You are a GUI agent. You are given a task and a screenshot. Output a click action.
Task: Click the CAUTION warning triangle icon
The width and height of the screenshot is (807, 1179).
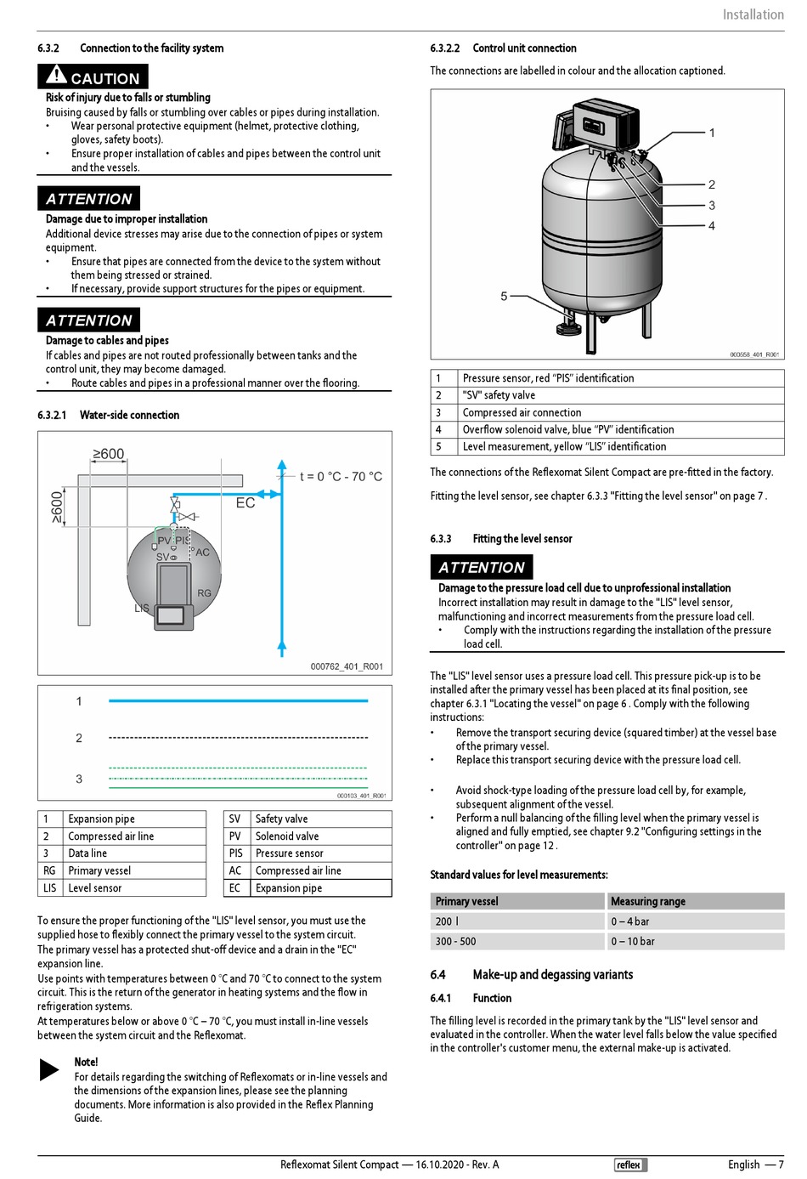tap(56, 76)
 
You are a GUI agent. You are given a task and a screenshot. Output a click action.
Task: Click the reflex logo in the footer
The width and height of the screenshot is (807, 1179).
tap(629, 1165)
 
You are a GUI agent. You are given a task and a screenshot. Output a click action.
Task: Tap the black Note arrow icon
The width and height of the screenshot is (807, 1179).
tap(49, 1069)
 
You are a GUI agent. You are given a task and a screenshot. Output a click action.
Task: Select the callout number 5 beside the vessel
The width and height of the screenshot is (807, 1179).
tap(504, 296)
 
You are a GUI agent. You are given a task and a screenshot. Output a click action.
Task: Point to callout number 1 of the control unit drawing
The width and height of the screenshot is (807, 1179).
tap(712, 133)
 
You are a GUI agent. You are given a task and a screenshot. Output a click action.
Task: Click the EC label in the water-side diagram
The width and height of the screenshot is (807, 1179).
tap(245, 503)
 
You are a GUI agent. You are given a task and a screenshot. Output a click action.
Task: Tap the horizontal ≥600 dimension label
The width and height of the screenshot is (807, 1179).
tap(109, 454)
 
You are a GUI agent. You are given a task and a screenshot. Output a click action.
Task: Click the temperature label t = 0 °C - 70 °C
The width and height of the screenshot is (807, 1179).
tap(341, 477)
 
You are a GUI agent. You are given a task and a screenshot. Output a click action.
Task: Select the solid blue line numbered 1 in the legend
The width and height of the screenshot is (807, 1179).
tap(238, 701)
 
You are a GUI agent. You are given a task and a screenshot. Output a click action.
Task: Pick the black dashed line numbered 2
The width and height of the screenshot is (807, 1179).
tap(238, 738)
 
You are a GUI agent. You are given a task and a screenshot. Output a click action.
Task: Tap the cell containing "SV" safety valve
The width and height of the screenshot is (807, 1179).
tap(499, 395)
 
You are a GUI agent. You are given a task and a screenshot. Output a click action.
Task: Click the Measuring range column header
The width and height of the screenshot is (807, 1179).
tap(647, 901)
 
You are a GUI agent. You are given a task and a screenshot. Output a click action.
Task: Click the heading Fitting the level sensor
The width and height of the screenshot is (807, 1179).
tap(522, 539)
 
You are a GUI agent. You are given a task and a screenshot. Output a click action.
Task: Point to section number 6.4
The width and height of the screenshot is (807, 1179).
tap(437, 975)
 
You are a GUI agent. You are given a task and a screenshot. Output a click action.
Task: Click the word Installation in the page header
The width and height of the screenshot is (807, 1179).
tap(753, 14)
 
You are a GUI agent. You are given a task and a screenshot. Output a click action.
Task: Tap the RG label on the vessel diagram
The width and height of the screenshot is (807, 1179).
tap(204, 592)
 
